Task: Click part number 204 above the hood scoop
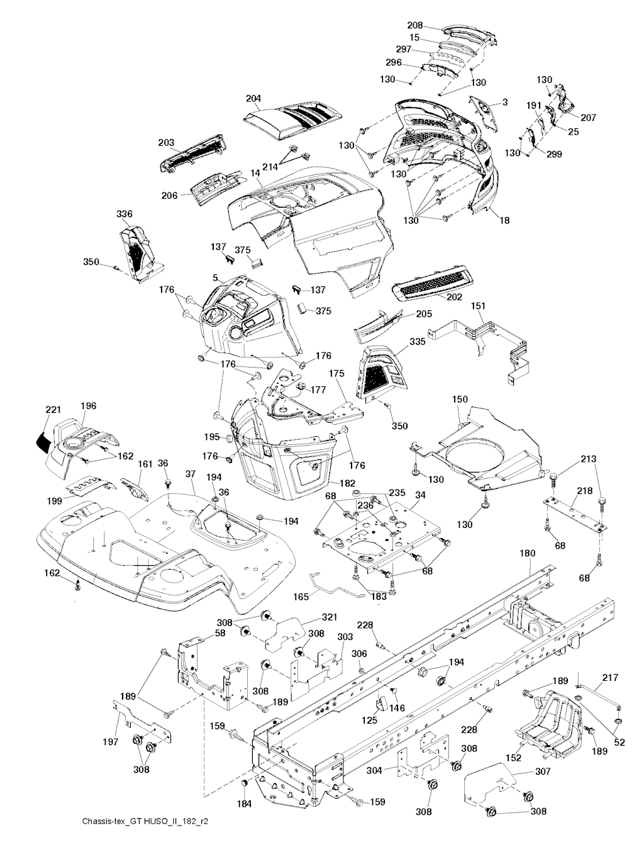253,99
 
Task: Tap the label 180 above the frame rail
528,554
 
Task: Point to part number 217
609,678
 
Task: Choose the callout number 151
478,306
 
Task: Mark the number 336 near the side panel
125,215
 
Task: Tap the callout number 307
543,772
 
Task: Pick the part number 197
111,742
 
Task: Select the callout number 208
433,26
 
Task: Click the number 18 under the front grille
504,221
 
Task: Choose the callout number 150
460,400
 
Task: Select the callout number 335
417,342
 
